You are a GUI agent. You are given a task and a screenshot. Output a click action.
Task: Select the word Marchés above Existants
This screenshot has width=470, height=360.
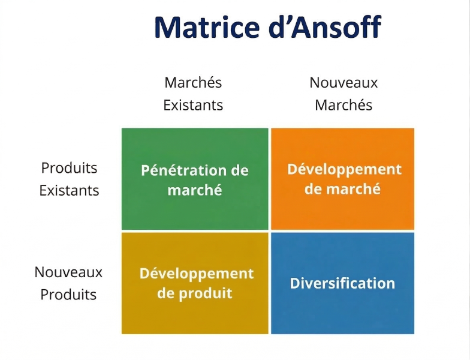193,82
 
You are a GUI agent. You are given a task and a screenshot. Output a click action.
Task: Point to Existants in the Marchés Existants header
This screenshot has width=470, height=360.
193,106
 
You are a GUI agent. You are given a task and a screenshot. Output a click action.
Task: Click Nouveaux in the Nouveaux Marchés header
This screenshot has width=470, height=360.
344,83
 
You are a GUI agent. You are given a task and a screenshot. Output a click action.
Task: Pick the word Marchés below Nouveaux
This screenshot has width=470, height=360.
344,106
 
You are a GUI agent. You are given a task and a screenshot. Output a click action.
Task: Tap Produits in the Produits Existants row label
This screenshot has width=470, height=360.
69,168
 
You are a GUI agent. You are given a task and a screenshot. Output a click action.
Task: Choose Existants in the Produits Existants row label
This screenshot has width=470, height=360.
69,191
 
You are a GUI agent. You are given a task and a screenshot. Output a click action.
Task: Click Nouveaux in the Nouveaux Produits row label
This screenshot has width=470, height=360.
68,272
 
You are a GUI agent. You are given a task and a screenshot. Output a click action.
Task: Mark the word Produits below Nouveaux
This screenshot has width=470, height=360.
68,295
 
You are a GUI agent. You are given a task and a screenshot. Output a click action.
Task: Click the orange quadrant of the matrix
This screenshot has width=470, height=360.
342,213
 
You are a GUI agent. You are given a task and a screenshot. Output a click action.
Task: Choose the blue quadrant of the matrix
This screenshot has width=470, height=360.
342,315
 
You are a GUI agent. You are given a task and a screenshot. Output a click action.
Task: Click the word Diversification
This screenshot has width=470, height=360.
342,283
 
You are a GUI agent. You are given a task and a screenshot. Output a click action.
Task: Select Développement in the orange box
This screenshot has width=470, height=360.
344,169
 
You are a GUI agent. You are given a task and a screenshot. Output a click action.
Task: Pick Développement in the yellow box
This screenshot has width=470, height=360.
197,274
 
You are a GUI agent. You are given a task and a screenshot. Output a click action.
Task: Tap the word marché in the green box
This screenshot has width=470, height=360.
195,190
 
